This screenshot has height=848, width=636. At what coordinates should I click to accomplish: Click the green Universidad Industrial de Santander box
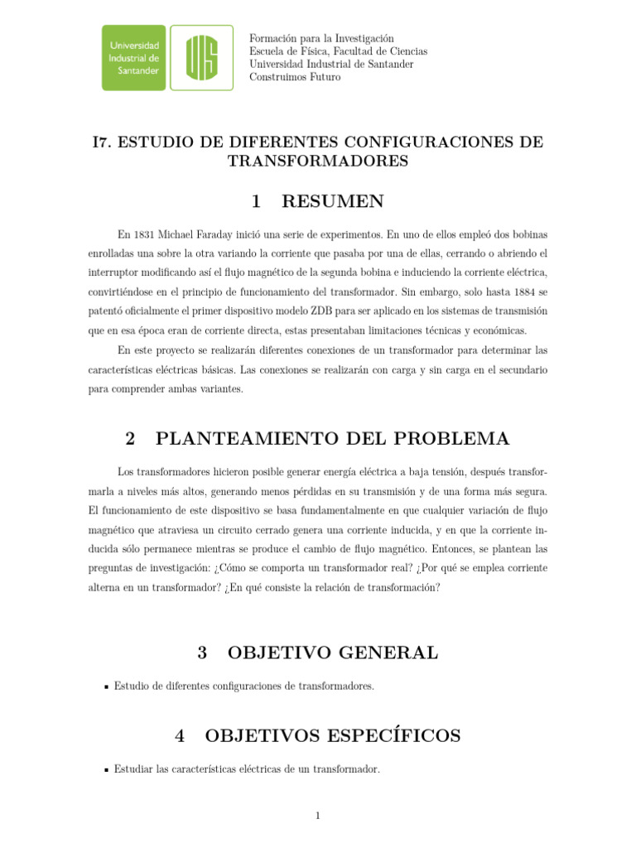(134, 57)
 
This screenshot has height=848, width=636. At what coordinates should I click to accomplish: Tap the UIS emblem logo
(202, 57)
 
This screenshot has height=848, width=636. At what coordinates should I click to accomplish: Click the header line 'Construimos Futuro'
(295, 77)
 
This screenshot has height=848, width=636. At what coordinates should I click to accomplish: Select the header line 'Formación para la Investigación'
(321, 38)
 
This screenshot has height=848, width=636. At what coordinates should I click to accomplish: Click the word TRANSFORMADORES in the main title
(318, 161)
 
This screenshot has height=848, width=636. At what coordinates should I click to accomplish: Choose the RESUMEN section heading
(332, 201)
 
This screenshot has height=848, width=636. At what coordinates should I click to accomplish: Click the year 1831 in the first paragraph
(143, 234)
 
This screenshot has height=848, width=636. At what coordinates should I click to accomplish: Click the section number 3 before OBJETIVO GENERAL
(202, 653)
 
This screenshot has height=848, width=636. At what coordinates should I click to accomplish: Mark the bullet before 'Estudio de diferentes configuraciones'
(106, 687)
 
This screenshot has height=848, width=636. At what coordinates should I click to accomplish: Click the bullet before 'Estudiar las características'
(106, 770)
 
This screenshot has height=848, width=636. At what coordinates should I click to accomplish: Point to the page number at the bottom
(317, 816)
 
